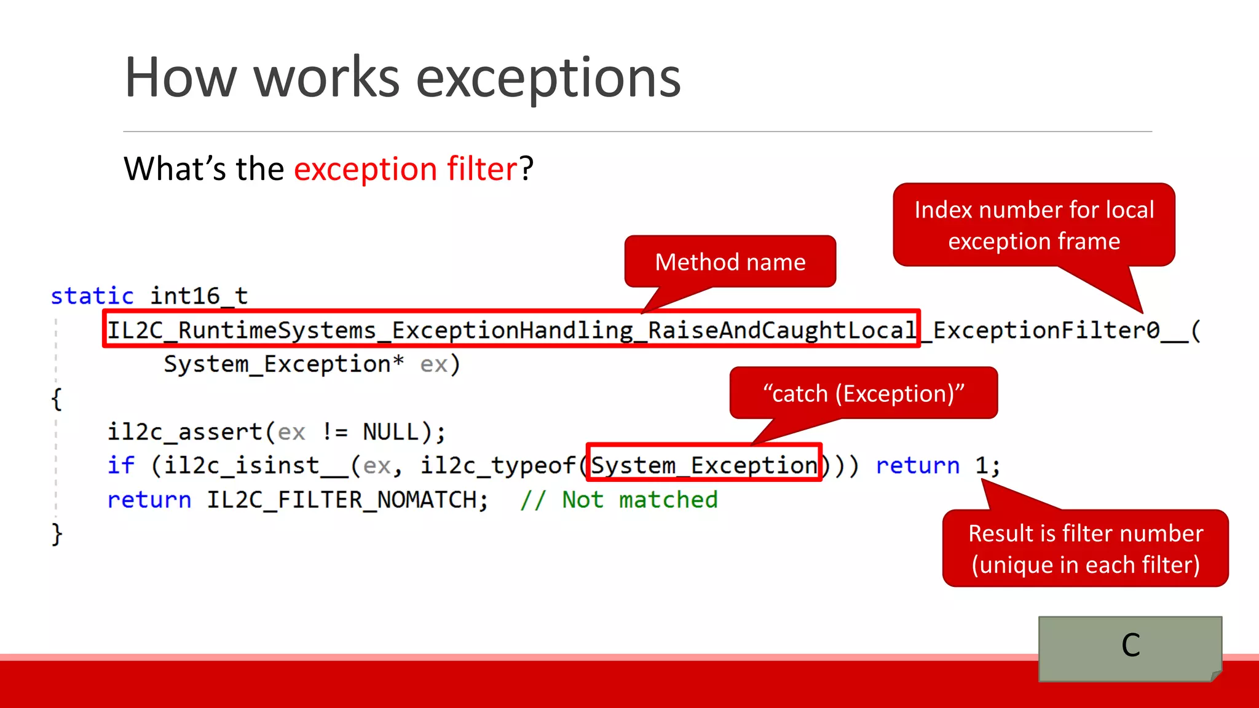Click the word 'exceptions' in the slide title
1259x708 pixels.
[x=548, y=78]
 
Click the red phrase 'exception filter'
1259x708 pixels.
[x=406, y=169]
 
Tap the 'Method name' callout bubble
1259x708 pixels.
[x=730, y=262]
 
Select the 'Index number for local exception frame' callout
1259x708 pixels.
[x=1033, y=225]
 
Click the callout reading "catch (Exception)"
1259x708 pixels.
[x=863, y=393]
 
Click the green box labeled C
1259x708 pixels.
[x=1130, y=647]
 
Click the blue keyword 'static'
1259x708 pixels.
[x=92, y=296]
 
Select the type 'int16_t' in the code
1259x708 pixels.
[x=199, y=296]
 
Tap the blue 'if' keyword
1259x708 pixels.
[x=120, y=465]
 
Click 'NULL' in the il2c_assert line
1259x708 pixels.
[x=390, y=432]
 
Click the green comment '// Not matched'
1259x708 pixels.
[x=618, y=500]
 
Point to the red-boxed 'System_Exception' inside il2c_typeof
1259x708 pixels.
[x=704, y=465]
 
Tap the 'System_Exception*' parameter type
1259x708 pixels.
[x=283, y=364]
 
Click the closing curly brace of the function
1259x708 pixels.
[x=57, y=533]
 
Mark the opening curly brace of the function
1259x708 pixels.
[x=57, y=399]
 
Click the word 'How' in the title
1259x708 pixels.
[x=180, y=78]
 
